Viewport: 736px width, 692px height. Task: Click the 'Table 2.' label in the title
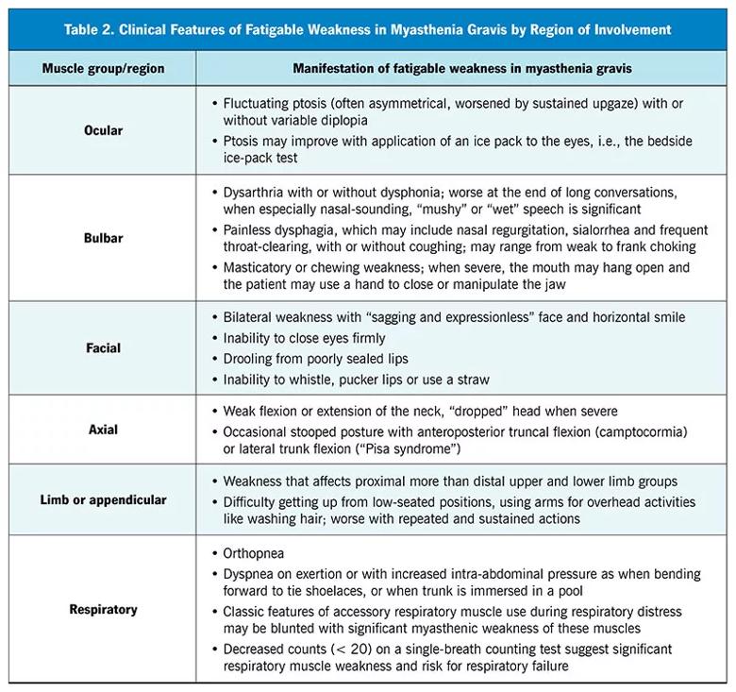(x=91, y=29)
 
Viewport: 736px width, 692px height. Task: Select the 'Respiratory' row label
(x=103, y=609)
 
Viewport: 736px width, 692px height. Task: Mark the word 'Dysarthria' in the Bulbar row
(x=255, y=193)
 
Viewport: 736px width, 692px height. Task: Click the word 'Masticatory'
(x=261, y=267)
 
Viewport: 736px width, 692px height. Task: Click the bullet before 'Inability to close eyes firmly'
(x=214, y=338)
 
